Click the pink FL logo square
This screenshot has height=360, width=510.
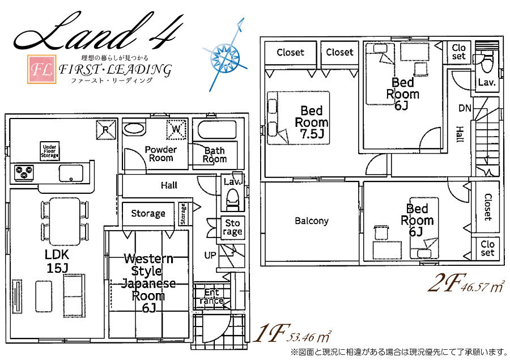[41, 69]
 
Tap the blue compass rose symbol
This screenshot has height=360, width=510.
[225, 56]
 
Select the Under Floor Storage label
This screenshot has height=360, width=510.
[50, 151]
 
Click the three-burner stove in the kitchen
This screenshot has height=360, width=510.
[24, 172]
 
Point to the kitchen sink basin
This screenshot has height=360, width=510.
[71, 173]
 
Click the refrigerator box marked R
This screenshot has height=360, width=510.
[106, 130]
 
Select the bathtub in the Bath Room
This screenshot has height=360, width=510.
[216, 130]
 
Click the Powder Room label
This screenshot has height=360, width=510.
[161, 154]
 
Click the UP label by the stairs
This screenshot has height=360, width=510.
[210, 255]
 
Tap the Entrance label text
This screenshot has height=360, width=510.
[211, 297]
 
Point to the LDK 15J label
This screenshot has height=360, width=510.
[57, 261]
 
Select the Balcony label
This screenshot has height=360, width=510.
[312, 221]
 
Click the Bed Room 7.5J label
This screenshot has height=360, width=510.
[312, 122]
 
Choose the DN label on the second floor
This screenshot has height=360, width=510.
[465, 108]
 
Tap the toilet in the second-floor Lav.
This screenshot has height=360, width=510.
[487, 65]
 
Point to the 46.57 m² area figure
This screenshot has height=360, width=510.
[483, 287]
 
